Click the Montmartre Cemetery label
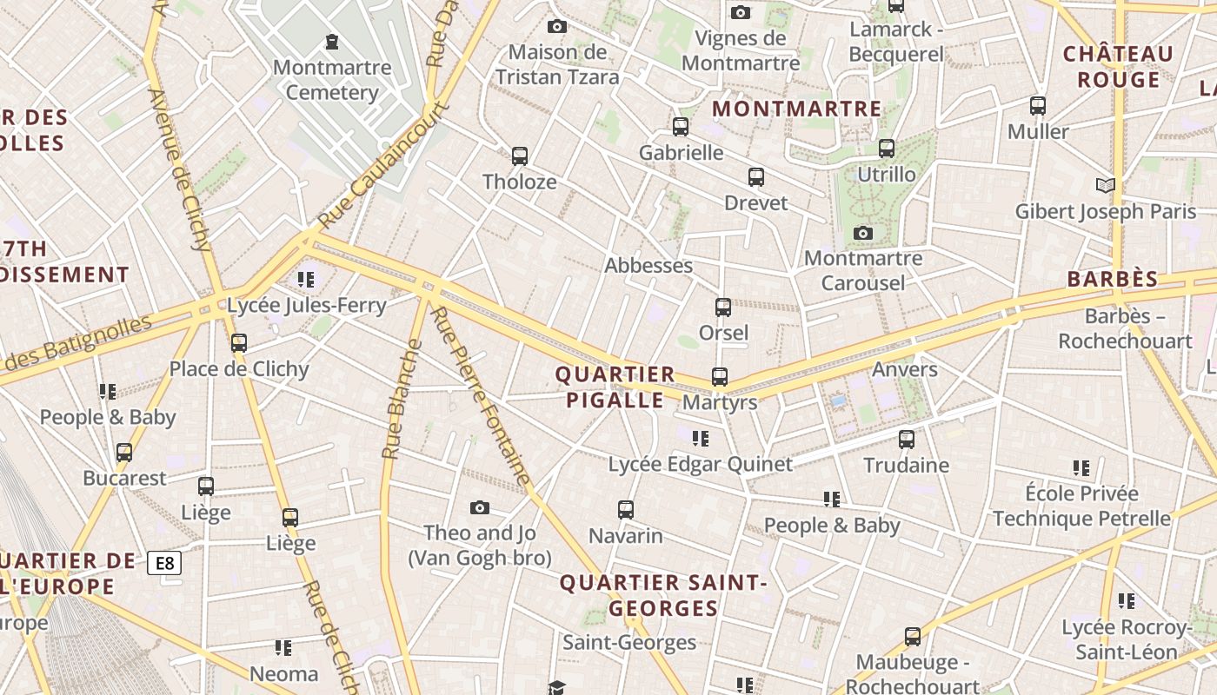coord(326,80)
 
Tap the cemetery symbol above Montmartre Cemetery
coord(331,42)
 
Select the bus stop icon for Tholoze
coord(520,156)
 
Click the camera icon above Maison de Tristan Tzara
coord(557,27)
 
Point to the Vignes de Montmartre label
coord(741,50)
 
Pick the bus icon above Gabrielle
coord(681,127)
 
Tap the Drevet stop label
coord(756,203)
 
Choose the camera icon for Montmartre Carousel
coord(863,233)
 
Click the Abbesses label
coord(648,266)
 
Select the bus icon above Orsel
coord(723,308)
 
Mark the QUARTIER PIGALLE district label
coord(615,387)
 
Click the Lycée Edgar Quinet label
coord(700,465)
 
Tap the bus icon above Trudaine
coord(907,440)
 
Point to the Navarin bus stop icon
coord(626,510)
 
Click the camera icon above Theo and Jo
coord(479,507)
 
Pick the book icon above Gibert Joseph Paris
coord(1105,185)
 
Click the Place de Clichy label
coord(239,369)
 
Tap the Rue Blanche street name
coord(402,400)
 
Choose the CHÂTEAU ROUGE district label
coord(1118,67)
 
